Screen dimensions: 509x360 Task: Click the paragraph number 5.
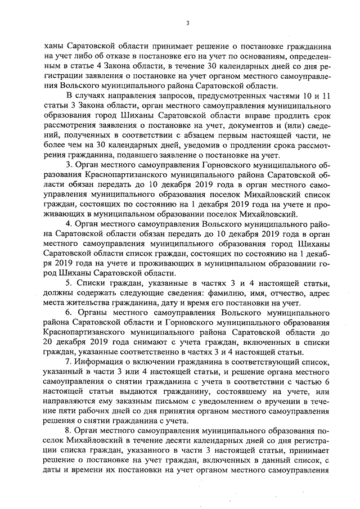[69, 282]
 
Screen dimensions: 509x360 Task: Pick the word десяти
[172, 440]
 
